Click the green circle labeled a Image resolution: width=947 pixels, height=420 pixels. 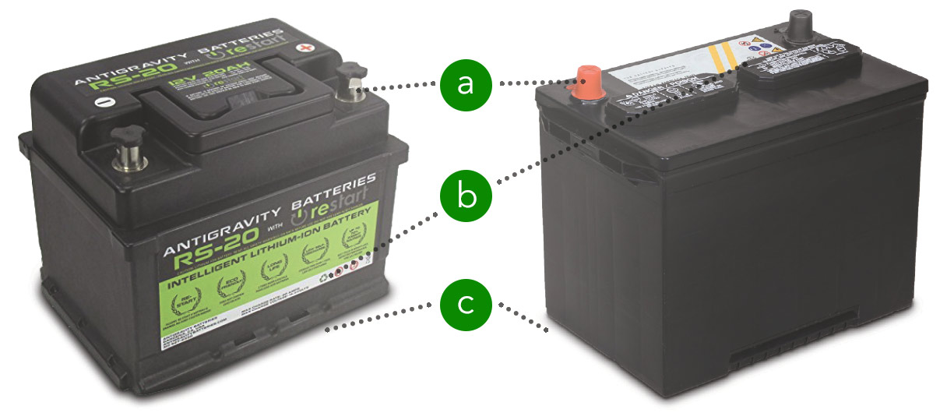tap(465, 83)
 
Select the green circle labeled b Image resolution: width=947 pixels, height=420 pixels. tap(465, 195)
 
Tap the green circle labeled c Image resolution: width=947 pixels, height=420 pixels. tap(465, 305)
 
